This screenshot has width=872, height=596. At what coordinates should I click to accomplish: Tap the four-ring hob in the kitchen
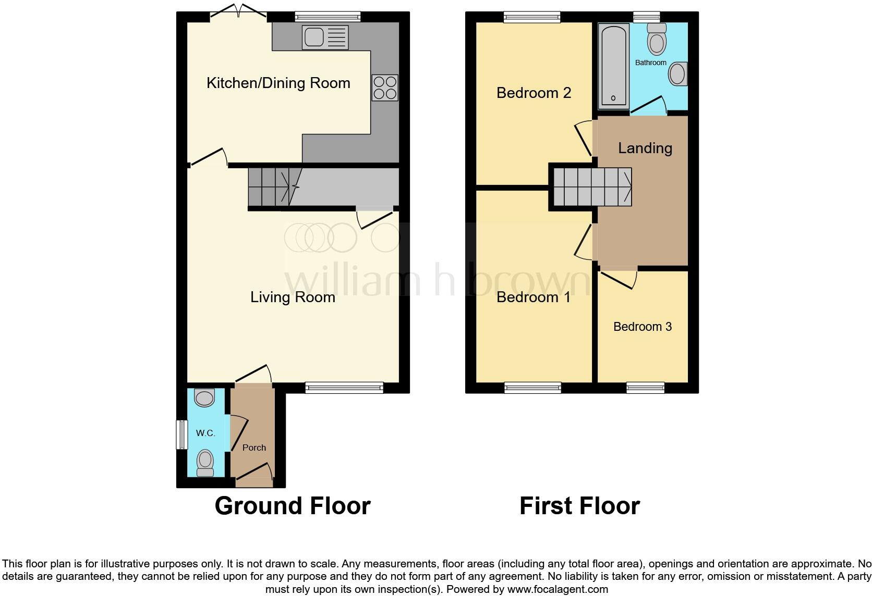click(385, 88)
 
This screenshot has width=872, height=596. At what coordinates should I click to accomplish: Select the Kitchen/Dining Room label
click(278, 83)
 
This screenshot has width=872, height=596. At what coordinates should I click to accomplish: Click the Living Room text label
click(293, 297)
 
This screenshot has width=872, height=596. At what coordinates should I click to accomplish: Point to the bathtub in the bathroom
click(613, 65)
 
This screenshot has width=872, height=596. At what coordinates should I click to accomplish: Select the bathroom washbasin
click(678, 74)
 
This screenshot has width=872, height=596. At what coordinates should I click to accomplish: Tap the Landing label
click(645, 148)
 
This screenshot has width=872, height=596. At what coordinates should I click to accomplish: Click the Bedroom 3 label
click(642, 327)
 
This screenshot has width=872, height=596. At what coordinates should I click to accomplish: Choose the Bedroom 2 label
click(534, 93)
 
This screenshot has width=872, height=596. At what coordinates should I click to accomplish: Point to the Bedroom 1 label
click(533, 297)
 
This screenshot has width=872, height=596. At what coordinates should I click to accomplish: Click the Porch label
click(254, 448)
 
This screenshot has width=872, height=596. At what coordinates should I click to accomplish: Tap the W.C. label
click(205, 433)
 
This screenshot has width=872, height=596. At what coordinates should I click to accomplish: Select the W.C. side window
click(181, 434)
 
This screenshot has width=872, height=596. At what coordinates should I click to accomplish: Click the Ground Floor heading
click(293, 506)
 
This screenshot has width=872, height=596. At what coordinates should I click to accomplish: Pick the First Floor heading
click(579, 506)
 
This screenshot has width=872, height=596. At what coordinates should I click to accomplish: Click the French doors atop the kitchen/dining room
click(239, 14)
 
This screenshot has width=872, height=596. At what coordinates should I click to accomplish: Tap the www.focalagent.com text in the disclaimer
click(558, 590)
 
